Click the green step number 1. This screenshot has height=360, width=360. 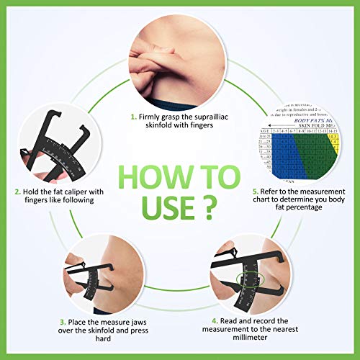click(x=133, y=115)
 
